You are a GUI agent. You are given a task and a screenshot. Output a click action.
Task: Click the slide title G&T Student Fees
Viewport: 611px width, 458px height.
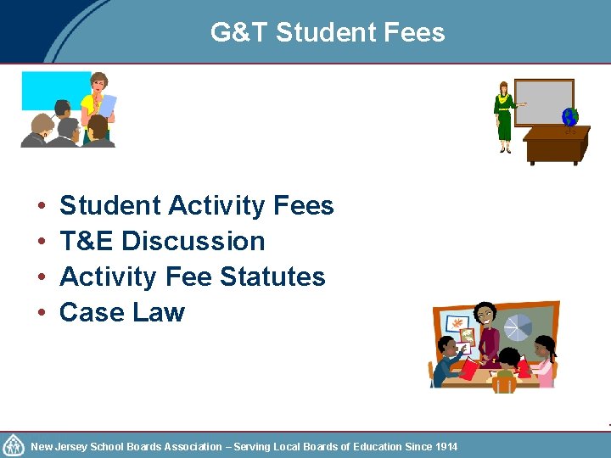328,32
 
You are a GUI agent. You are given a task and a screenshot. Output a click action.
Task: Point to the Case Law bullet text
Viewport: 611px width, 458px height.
122,313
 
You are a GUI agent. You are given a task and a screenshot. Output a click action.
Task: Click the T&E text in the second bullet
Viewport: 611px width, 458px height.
87,242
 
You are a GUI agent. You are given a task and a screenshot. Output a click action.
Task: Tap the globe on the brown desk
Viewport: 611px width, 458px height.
569,117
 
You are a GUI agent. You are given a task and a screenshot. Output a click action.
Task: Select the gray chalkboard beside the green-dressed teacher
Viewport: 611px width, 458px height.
545,102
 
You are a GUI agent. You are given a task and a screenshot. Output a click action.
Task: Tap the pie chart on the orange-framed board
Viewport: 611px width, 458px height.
518,327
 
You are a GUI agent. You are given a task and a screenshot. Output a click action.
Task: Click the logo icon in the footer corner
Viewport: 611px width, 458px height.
14,445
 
